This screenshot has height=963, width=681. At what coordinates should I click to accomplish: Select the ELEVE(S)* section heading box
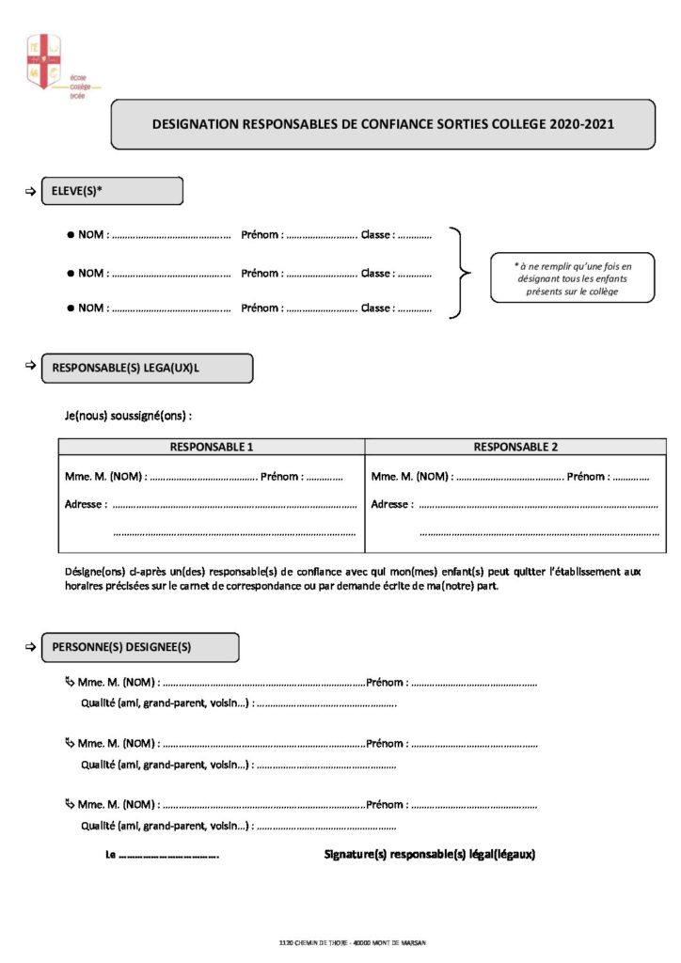pyautogui.click(x=112, y=191)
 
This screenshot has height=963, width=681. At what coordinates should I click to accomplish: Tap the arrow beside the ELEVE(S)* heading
pyautogui.click(x=29, y=191)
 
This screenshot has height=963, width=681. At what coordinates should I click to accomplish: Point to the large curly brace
pyautogui.click(x=459, y=273)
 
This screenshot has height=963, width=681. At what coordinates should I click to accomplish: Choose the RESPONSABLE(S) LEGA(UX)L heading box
pyautogui.click(x=147, y=369)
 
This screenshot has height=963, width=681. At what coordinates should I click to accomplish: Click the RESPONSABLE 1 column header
pyautogui.click(x=211, y=447)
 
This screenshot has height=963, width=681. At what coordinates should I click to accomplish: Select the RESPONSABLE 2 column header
pyautogui.click(x=515, y=447)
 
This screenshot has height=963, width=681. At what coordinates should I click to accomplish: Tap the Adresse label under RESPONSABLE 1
pyautogui.click(x=84, y=504)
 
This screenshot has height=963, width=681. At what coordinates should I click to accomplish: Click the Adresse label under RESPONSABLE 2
pyautogui.click(x=391, y=504)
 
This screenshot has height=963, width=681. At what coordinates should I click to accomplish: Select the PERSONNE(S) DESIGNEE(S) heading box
pyautogui.click(x=139, y=647)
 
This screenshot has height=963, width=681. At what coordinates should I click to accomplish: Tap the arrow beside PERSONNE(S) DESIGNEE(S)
pyautogui.click(x=29, y=647)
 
